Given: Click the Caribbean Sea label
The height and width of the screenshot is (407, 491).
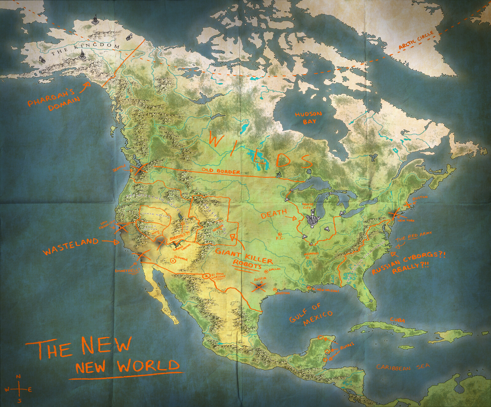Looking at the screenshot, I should tap(403, 367).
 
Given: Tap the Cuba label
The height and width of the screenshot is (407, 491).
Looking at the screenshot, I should tap(397, 320).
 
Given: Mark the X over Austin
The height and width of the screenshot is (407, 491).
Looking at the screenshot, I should tap(258, 286).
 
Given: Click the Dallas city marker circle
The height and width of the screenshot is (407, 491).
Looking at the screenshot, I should tap(265, 271).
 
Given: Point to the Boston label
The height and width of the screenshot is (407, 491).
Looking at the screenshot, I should tap(419, 198).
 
